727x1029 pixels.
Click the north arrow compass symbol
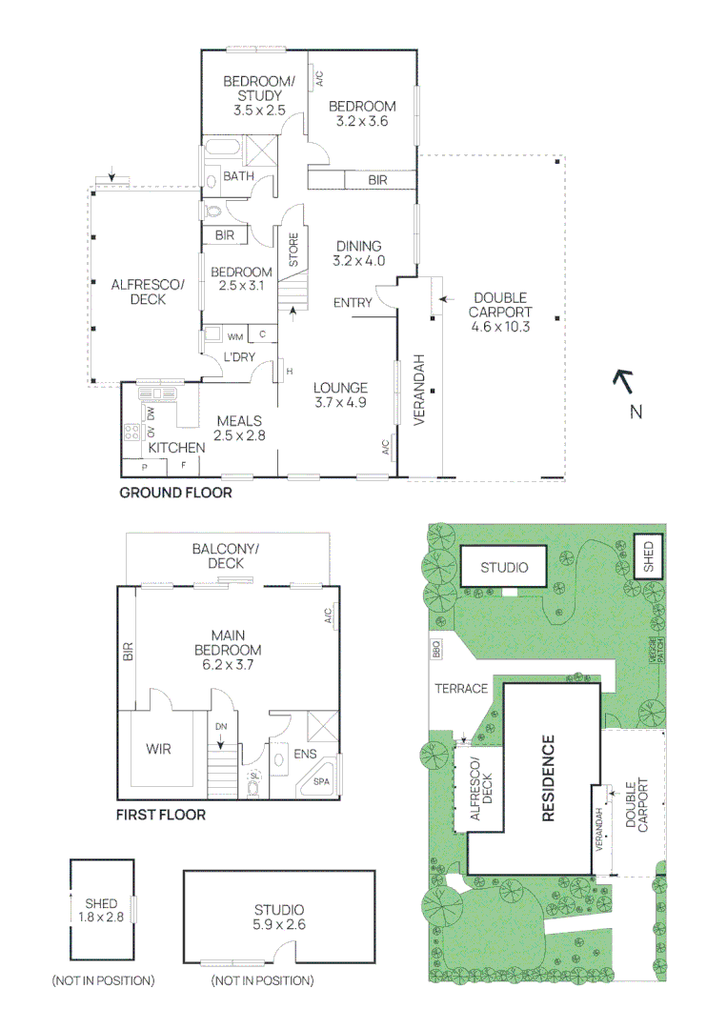point(625,383)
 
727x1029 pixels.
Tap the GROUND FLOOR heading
point(174,494)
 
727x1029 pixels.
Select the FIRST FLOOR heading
point(160,815)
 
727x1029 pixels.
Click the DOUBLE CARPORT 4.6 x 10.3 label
point(500,312)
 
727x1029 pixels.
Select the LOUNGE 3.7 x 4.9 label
point(341,395)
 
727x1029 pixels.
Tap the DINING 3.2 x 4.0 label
point(358,252)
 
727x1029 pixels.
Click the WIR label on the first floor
point(159,749)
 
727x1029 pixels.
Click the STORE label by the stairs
point(293,250)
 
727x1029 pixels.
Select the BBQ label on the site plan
point(437,651)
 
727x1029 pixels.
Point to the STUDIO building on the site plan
point(504,568)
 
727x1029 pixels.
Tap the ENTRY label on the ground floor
point(353,303)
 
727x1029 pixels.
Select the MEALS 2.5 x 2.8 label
point(239,428)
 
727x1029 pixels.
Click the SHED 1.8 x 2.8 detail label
point(101,910)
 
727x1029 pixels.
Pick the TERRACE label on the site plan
point(462,688)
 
